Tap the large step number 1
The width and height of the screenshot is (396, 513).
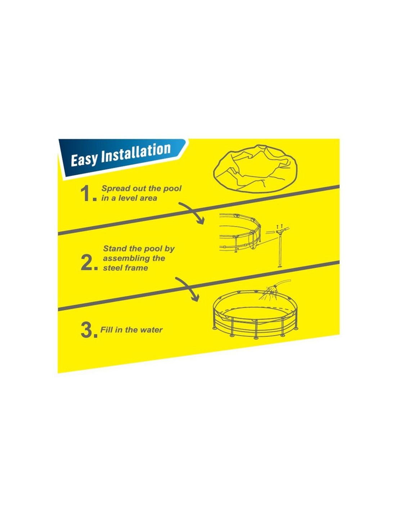(x=87, y=194)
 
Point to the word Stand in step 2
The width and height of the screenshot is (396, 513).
(x=114, y=249)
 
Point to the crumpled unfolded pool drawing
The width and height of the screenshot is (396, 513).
(x=255, y=168)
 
